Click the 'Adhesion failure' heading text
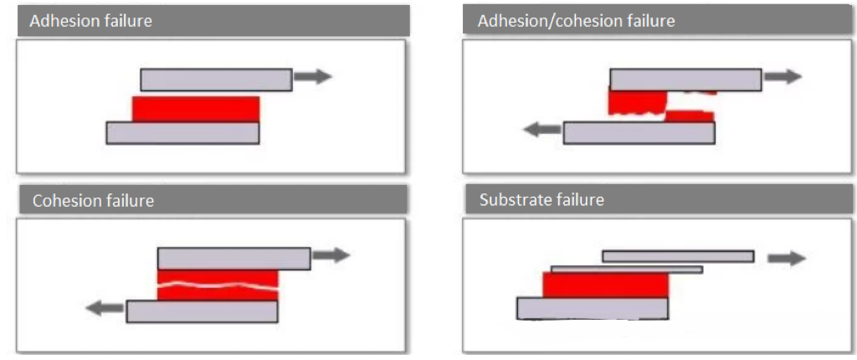pos(90,21)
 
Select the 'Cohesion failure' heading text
pos(93,201)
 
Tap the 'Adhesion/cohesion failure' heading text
pos(576,21)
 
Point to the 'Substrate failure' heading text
pos(541,200)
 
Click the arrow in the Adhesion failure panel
pos(313,77)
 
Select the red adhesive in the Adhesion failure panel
pos(196,109)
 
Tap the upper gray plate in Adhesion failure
pos(216,80)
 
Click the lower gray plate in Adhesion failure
pos(182,132)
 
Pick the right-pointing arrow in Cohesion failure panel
pos(331,255)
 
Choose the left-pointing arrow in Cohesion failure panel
pos(105,308)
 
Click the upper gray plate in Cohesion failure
pos(233,258)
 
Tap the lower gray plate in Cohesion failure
pos(202,311)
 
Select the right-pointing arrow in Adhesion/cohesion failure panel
pos(783,76)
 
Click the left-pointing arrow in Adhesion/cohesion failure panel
pos(541,129)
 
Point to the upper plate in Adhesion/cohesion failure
pos(685,80)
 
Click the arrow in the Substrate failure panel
pos(787,258)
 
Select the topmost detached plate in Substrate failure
pos(678,256)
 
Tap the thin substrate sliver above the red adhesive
pos(626,270)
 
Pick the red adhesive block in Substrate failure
pos(605,285)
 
